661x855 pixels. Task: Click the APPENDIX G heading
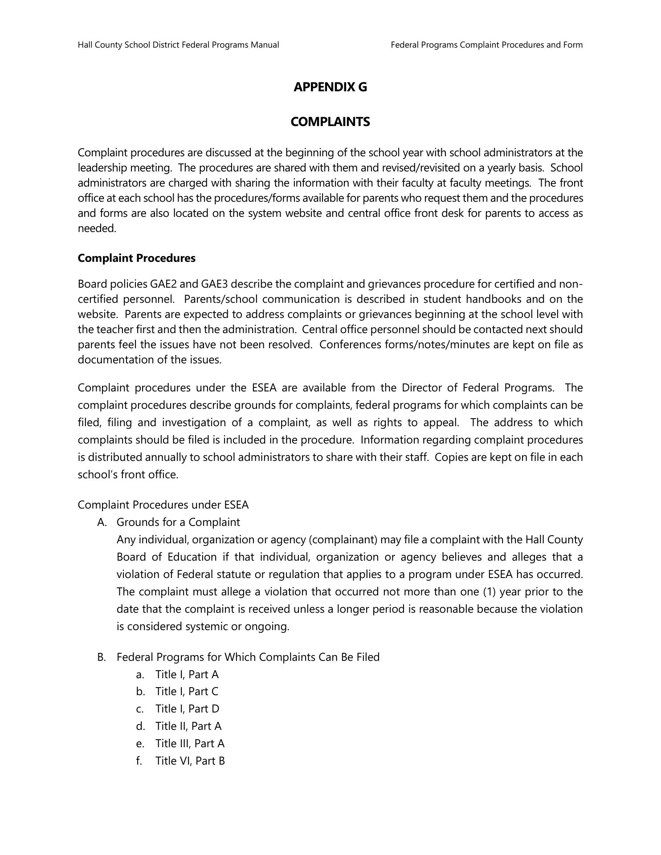330,87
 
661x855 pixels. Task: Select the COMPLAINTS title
330,122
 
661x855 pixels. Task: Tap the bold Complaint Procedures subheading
136,258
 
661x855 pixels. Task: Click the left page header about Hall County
178,45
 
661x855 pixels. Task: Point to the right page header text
486,45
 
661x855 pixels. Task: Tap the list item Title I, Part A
187,675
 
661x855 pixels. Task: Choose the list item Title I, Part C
187,692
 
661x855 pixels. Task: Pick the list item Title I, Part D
188,709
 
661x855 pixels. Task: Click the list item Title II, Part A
188,726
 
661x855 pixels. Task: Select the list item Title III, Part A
190,744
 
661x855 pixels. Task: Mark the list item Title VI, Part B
190,761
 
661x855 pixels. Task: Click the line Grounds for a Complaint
178,522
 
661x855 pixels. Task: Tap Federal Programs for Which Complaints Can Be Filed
248,657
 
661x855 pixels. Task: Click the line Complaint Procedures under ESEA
163,505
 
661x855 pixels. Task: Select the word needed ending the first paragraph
97,228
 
